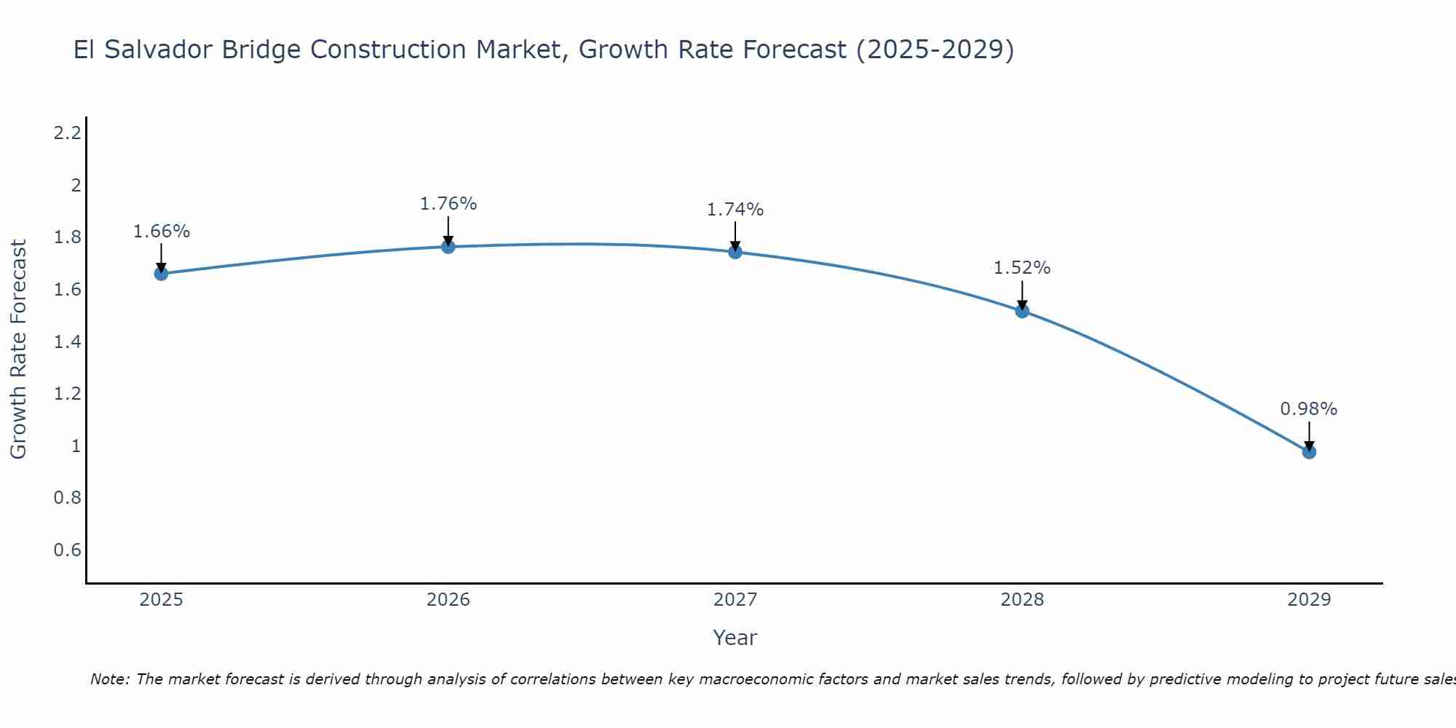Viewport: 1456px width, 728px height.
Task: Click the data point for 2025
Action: (x=161, y=274)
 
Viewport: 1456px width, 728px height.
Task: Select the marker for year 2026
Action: (x=448, y=247)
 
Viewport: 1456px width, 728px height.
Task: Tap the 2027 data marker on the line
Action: (x=735, y=252)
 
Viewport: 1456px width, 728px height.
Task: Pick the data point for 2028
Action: (x=1022, y=311)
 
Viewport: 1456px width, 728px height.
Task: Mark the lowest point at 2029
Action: (x=1309, y=452)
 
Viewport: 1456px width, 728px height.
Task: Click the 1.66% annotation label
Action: (x=162, y=232)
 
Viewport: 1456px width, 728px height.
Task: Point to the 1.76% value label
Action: (x=448, y=204)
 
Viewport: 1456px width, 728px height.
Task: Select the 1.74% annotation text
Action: (x=735, y=210)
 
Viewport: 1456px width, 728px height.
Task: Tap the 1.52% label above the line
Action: (x=1022, y=268)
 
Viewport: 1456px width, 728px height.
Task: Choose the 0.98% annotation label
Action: (x=1309, y=409)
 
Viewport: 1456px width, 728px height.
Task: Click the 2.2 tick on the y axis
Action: (x=67, y=132)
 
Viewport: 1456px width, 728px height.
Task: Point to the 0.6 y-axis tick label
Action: (x=67, y=550)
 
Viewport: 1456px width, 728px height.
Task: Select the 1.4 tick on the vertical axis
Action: (x=67, y=341)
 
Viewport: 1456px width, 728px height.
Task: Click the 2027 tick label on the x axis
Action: (x=735, y=600)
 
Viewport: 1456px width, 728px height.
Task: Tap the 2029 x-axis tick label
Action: (x=1309, y=600)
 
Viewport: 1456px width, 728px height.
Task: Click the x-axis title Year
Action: (x=735, y=638)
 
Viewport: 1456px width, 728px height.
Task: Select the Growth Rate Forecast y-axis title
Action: (x=18, y=349)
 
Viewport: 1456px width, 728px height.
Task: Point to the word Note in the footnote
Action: (x=109, y=679)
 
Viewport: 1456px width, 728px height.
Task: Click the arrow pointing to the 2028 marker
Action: (x=1022, y=294)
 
